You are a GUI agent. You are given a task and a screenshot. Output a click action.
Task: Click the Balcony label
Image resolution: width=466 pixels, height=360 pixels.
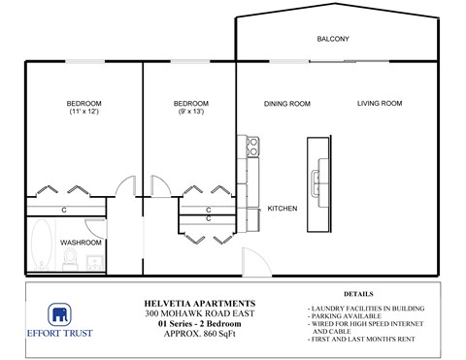[333, 39]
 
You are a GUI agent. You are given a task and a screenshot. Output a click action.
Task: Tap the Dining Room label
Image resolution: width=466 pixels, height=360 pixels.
[286, 104]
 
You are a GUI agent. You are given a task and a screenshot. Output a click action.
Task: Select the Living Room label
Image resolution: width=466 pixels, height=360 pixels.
[379, 104]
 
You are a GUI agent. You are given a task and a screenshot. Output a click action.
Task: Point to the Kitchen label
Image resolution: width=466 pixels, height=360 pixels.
[282, 208]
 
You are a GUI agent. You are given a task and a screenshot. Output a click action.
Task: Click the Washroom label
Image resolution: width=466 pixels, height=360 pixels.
[81, 242]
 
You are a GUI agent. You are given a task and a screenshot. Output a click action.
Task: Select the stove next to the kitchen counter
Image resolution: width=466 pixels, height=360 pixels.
[252, 147]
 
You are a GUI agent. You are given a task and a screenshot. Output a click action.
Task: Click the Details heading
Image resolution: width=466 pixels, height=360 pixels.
[358, 293]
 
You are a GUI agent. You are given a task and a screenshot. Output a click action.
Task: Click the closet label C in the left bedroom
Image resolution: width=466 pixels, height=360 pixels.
[64, 210]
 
